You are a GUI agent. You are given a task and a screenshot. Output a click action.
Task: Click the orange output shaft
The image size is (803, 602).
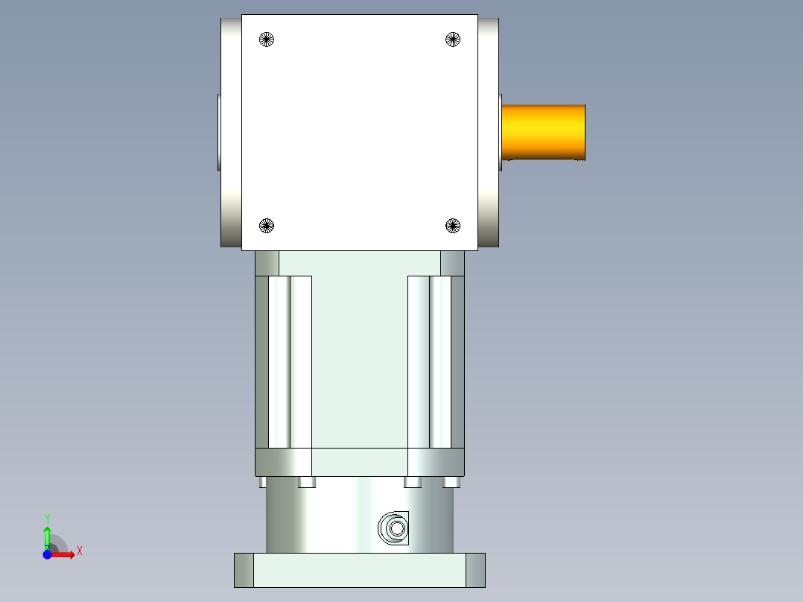[543, 132]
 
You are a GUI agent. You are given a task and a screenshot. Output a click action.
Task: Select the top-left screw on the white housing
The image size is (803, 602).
[267, 39]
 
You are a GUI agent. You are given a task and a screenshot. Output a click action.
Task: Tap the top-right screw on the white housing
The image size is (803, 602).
[453, 39]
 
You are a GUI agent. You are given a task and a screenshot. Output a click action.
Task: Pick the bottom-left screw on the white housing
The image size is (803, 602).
[267, 225]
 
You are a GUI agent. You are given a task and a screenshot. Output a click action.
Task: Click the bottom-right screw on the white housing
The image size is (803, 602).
[453, 225]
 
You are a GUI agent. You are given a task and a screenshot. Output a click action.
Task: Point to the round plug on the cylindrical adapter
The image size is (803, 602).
[396, 529]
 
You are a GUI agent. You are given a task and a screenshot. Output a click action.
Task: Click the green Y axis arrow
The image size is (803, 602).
[47, 536]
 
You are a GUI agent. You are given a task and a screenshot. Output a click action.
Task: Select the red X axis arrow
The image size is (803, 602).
[66, 555]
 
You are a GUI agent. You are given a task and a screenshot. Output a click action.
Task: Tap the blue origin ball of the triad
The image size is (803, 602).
[47, 555]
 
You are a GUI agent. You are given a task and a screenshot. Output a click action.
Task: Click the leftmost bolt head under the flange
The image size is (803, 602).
[263, 483]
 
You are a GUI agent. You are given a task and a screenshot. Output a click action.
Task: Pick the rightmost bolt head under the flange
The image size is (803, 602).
[451, 483]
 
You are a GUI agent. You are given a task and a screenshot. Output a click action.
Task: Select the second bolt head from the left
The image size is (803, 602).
[306, 483]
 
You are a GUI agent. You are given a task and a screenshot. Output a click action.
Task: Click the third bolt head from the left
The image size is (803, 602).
[413, 483]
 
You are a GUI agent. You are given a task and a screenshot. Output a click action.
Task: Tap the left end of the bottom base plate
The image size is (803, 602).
[244, 570]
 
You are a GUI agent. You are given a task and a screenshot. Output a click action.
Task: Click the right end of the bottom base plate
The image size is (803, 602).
[475, 570]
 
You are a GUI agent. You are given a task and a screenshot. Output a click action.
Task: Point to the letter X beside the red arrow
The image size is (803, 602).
[80, 551]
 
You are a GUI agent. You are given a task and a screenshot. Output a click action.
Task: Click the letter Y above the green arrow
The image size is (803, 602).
[47, 518]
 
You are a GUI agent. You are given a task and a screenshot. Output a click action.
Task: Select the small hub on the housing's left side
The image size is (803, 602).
[219, 132]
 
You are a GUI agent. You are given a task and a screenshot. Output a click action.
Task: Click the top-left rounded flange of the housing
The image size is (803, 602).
[231, 45]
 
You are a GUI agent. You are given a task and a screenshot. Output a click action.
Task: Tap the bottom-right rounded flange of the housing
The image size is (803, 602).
[488, 224]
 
